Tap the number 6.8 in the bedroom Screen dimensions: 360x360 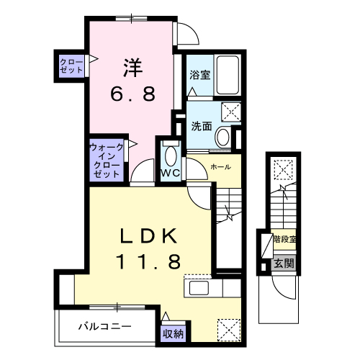coord(132,94)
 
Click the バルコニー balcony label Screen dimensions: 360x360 coord(104,326)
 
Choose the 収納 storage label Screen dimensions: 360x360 coord(172,333)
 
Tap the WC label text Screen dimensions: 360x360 coord(169,174)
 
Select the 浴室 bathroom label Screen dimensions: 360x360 coord(199,73)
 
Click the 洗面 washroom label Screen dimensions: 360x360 coord(201,125)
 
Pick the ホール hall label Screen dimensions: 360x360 coord(220,167)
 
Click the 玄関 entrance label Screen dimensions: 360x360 coord(284,264)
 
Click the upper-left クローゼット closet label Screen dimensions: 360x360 coord(71,66)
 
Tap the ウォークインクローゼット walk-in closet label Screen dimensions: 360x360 coord(106,161)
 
